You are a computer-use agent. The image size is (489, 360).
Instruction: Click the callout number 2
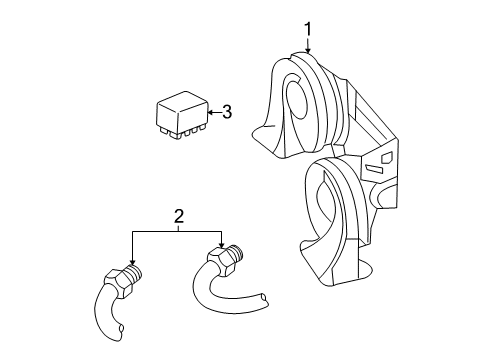coord(178,216)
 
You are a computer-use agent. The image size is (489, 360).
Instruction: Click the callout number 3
coord(227,112)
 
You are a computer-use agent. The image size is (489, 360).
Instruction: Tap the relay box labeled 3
coord(179,113)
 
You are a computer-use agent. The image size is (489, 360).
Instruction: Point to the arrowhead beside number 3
coord(208,113)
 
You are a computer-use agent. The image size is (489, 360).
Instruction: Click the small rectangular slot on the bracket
coord(386,159)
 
